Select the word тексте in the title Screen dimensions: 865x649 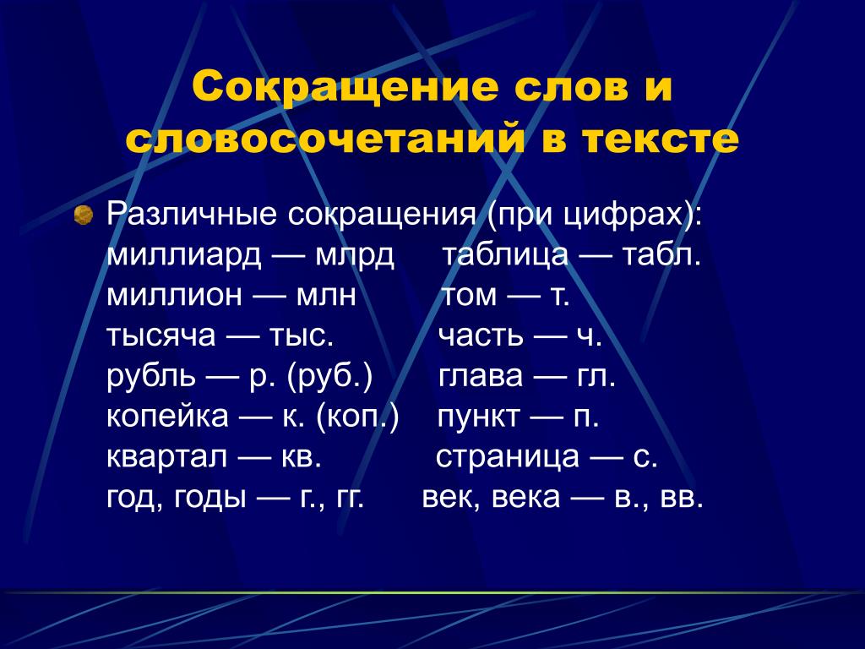click(659, 139)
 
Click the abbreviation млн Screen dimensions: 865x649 click(326, 296)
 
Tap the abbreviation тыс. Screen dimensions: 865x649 click(302, 335)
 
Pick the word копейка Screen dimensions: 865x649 click(167, 416)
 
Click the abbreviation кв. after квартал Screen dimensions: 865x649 click(302, 457)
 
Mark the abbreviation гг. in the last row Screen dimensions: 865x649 click(349, 498)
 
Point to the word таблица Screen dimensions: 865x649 click(505, 255)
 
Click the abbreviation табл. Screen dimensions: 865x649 click(661, 254)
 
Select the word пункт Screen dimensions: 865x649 click(478, 417)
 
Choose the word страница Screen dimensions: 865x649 click(508, 457)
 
